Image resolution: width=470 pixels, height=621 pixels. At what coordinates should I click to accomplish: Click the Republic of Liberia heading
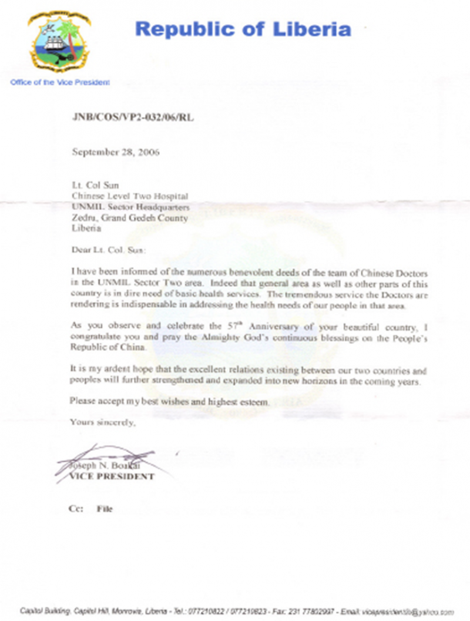pos(243,29)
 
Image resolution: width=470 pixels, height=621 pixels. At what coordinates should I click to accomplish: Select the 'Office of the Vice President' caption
pos(60,82)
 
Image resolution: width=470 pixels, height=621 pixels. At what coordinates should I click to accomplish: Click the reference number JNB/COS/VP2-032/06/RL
pos(132,118)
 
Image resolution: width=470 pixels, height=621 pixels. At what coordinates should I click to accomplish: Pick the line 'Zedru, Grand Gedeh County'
pos(129,218)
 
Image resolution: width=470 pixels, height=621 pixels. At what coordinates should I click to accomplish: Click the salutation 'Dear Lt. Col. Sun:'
pos(107,250)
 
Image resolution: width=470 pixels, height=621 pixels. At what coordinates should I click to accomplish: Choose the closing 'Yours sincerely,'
pos(102,422)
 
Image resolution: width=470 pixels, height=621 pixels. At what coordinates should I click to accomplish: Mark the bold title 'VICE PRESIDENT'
pos(112,476)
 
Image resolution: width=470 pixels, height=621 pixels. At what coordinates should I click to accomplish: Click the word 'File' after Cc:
pos(105,509)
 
